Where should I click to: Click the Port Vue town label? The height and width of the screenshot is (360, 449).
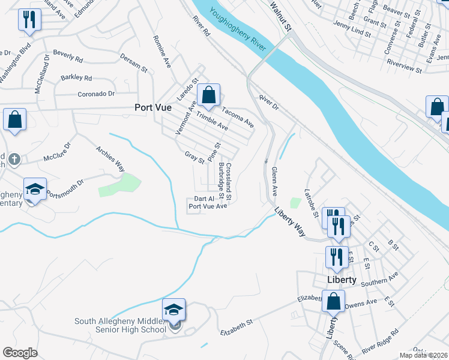[152, 108]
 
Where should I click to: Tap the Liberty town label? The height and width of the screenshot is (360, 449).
[342, 280]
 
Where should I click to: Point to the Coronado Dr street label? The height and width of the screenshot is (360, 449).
[96, 94]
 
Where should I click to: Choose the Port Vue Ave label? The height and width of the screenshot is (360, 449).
[208, 206]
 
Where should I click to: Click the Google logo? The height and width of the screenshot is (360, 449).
[20, 353]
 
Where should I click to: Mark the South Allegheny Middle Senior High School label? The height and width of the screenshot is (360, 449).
[120, 325]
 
